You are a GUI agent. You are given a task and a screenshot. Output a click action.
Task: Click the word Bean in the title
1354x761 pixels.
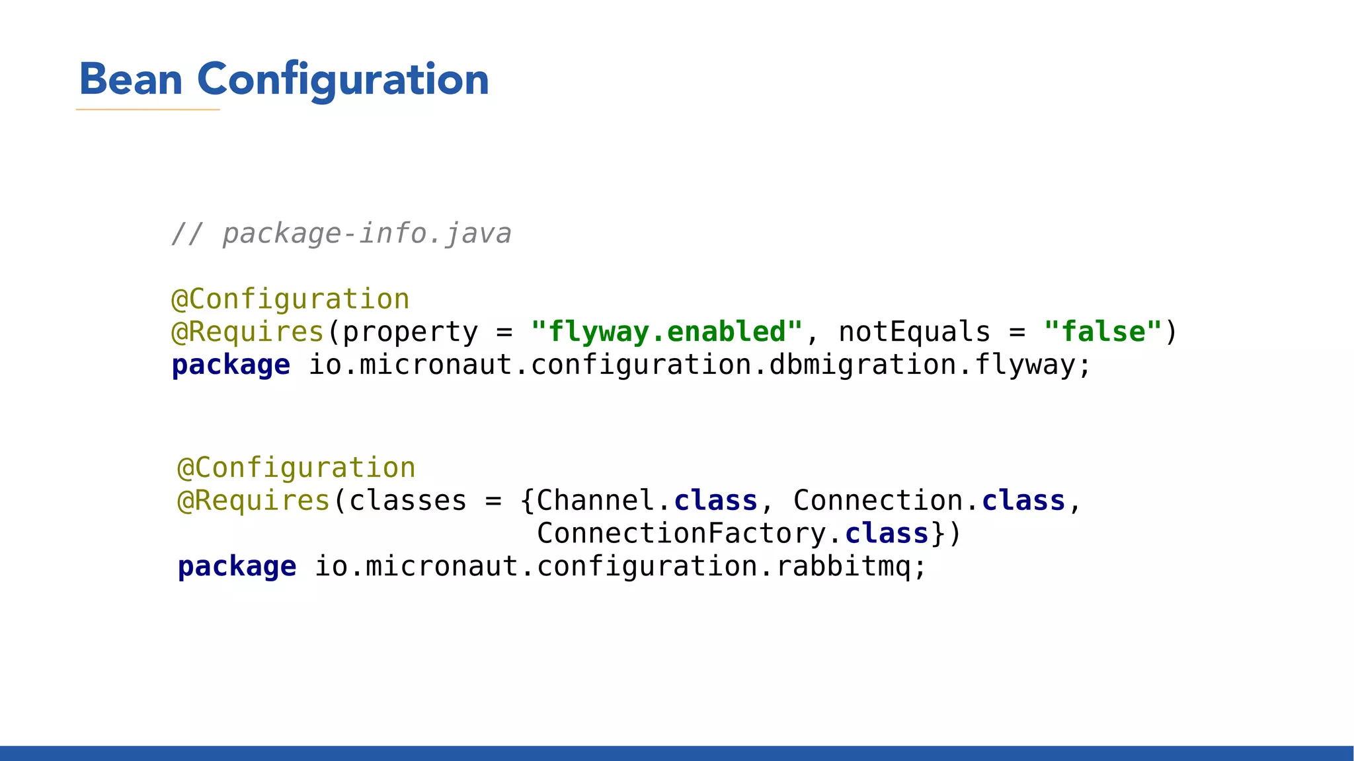130,79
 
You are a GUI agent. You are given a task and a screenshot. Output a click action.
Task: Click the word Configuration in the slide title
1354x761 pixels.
342,81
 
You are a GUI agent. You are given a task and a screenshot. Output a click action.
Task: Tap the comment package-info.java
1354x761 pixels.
366,234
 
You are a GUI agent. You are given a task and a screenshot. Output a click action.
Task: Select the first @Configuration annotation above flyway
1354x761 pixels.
290,299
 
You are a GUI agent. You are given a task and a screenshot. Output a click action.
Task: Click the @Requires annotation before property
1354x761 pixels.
247,332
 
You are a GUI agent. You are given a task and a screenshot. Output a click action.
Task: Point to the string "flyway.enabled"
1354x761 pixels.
666,332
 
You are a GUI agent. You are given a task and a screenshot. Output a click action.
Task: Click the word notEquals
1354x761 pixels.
914,332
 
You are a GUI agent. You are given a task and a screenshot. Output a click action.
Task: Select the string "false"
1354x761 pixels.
1103,332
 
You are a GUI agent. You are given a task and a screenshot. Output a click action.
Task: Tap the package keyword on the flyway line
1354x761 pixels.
231,365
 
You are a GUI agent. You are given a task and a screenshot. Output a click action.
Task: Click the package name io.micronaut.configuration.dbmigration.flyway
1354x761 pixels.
699,365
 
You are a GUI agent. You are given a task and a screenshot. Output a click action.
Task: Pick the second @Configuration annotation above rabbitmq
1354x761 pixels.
296,468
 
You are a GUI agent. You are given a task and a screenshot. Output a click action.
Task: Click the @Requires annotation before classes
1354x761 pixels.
253,501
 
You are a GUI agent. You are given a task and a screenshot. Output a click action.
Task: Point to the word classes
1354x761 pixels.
407,501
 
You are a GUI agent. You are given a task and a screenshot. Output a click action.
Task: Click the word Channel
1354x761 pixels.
596,501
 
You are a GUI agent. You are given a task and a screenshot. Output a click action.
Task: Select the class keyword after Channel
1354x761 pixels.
715,501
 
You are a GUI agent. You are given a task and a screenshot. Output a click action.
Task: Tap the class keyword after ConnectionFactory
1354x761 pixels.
887,534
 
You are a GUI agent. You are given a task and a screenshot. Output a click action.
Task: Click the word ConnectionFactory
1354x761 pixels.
681,534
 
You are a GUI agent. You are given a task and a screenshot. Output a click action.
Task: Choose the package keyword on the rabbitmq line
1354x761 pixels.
237,567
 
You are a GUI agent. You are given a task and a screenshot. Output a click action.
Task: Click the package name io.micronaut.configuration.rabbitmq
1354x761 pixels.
620,567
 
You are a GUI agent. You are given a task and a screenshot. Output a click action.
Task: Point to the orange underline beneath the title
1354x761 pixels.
147,110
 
